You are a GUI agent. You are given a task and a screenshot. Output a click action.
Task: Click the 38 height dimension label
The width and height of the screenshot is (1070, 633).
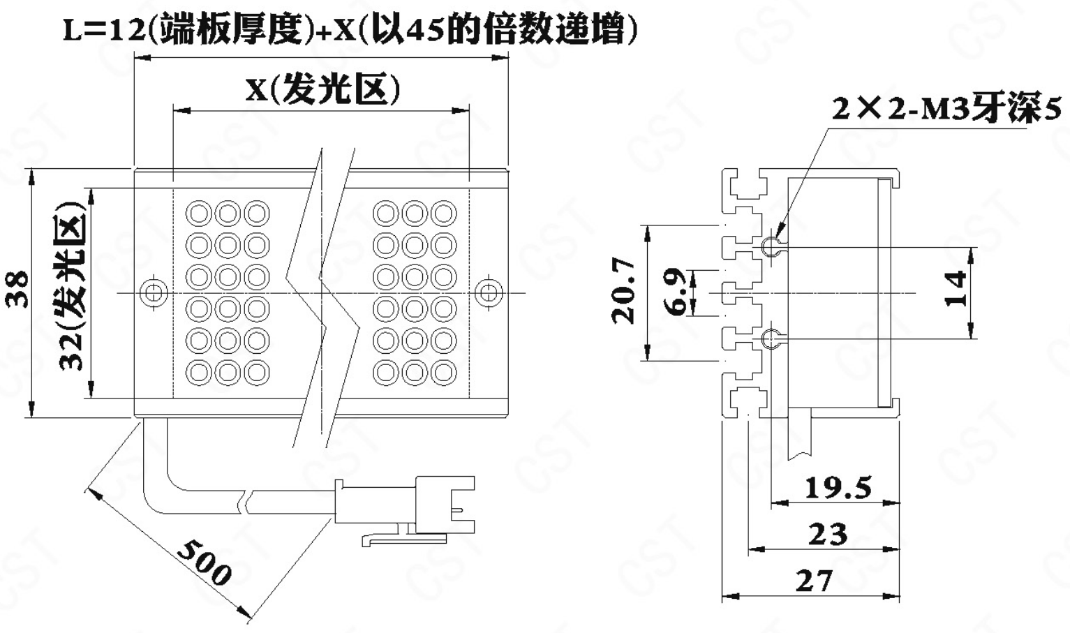[17, 290]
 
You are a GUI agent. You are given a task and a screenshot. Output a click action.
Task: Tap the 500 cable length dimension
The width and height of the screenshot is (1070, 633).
[205, 563]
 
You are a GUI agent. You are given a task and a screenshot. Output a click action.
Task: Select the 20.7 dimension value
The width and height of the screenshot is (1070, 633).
[624, 291]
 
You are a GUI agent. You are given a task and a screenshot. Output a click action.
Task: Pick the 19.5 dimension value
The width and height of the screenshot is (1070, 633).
[838, 488]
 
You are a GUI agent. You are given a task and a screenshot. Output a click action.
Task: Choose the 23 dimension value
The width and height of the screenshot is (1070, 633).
[828, 534]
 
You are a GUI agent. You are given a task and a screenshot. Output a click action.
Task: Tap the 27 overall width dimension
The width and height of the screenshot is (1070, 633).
[814, 581]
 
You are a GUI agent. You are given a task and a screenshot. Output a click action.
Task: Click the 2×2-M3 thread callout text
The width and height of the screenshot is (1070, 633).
[946, 108]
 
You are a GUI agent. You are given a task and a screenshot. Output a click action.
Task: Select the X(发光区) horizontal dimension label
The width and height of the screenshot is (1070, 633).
[322, 90]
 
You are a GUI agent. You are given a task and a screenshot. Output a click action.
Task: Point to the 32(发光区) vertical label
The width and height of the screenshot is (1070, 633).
[72, 287]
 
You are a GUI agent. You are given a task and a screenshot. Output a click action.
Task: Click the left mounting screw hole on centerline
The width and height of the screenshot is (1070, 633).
[154, 292]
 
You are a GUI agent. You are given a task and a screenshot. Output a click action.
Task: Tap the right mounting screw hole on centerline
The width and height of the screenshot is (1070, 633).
[488, 292]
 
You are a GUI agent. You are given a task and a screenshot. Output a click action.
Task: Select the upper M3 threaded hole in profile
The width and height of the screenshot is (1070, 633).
[771, 246]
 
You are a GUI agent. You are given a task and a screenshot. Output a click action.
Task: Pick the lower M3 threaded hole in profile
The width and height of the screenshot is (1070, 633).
[771, 338]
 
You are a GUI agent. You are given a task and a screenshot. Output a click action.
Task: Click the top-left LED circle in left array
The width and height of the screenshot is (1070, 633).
[198, 213]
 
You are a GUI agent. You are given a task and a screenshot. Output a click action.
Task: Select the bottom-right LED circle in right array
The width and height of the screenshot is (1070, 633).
[444, 373]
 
